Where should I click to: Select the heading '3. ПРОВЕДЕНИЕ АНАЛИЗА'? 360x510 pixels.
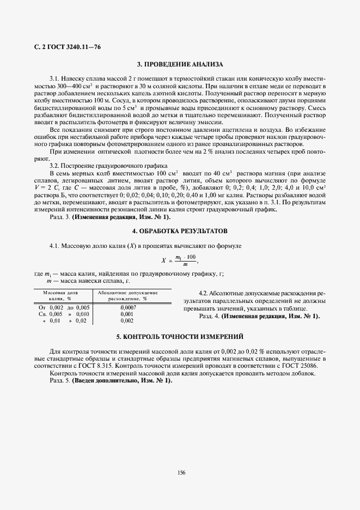click(180, 64)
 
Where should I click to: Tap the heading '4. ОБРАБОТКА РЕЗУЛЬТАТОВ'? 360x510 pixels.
click(180, 231)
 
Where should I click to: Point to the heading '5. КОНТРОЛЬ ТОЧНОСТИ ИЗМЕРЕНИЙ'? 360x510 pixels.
click(180, 337)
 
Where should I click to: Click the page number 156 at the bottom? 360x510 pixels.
click(181, 472)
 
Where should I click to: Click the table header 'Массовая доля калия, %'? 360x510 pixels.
click(60, 295)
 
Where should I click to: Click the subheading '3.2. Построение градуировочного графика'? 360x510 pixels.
click(109, 166)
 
